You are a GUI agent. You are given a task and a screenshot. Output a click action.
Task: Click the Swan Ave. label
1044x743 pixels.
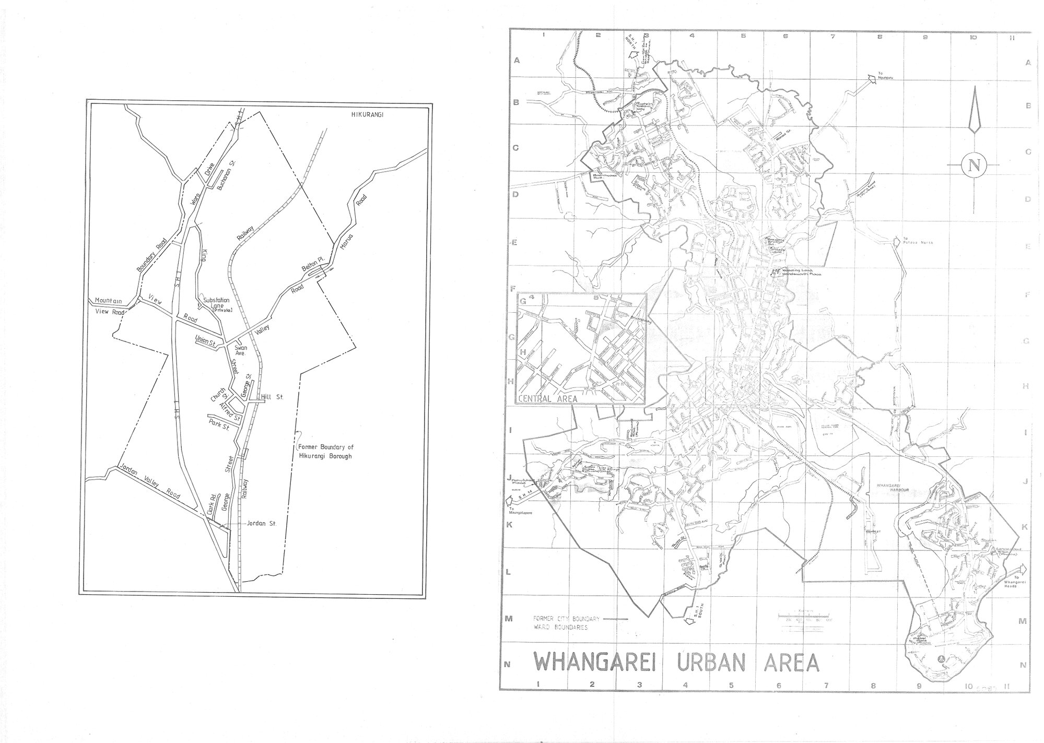[241, 350]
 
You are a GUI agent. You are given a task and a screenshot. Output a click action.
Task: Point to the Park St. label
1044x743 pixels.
[219, 424]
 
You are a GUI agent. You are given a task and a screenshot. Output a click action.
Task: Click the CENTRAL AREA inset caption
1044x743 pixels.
[548, 398]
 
